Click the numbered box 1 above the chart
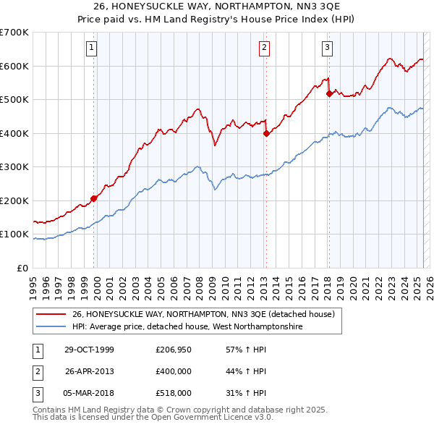click(93, 48)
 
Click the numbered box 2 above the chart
click(265, 48)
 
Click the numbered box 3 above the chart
click(327, 48)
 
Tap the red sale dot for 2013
click(265, 133)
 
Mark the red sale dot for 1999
click(94, 198)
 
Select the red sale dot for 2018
click(329, 93)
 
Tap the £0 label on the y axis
click(22, 268)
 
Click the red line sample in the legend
click(51, 315)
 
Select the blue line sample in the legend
click(51, 327)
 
